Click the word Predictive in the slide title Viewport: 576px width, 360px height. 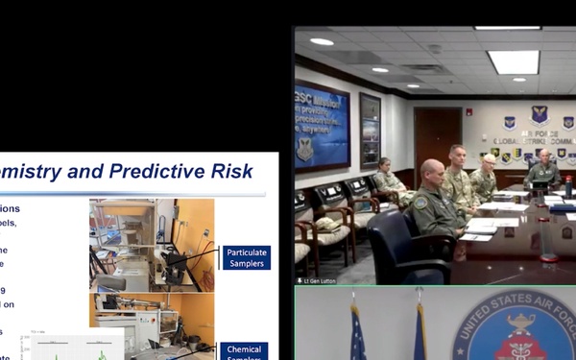pos(157,172)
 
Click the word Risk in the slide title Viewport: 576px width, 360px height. pos(232,172)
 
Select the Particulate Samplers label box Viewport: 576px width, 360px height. pos(247,258)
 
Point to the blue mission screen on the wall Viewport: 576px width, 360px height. pos(322,126)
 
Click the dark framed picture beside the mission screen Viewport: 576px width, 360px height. pos(370,130)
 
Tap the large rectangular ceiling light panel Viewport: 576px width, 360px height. pos(513,61)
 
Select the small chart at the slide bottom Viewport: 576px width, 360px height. pos(76,347)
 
